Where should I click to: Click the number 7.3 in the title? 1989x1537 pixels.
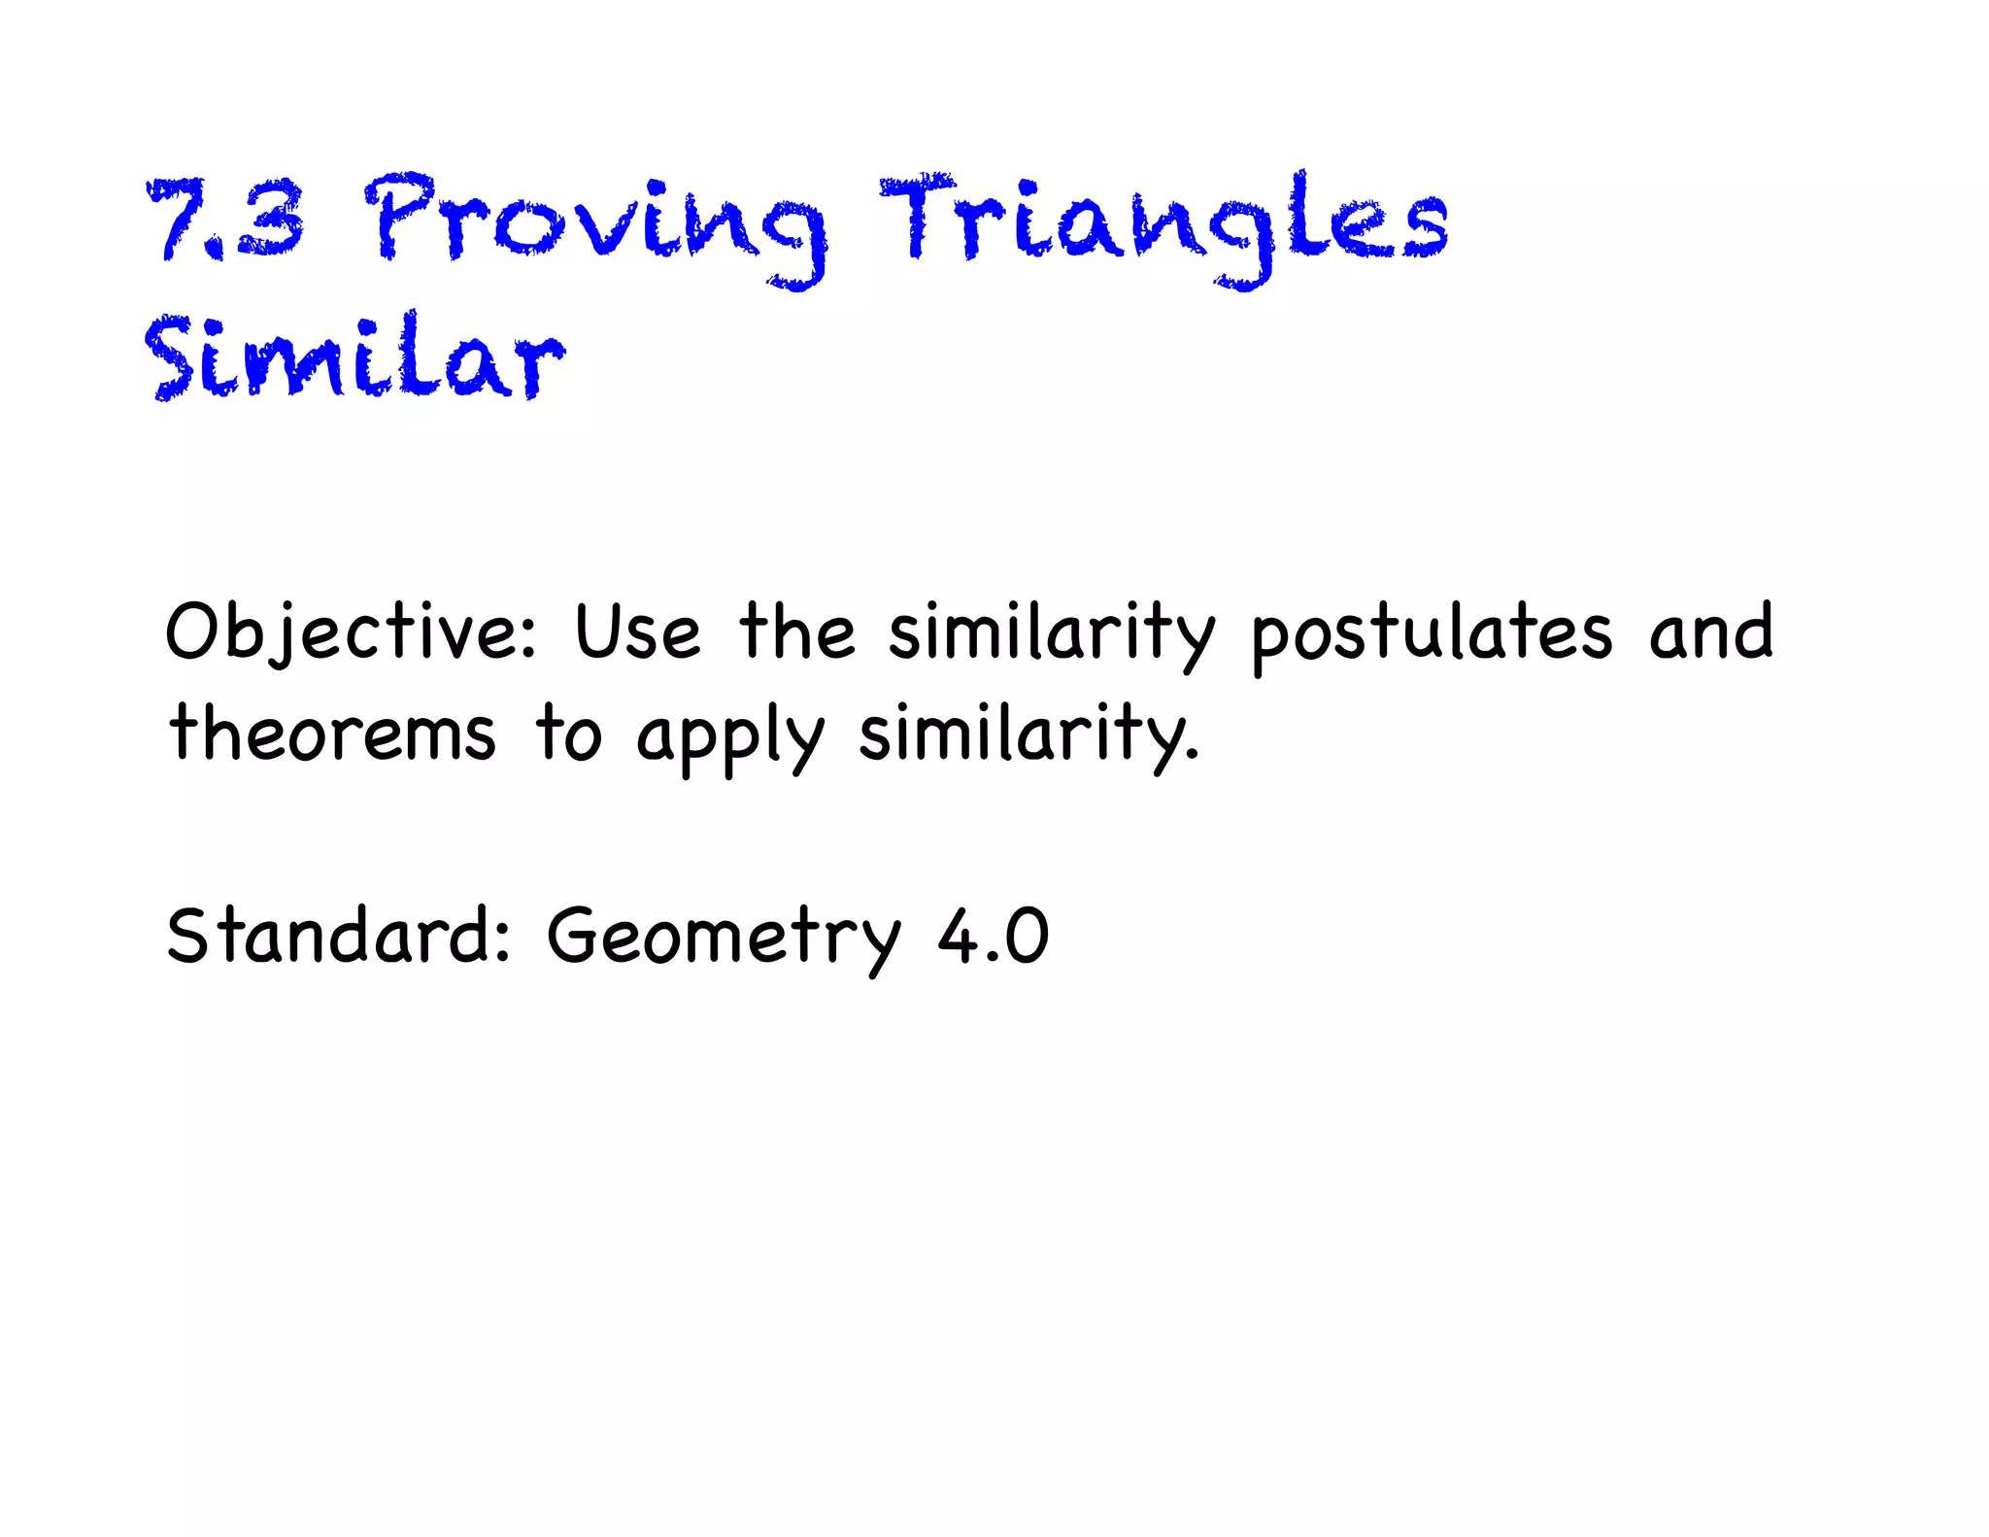[225, 221]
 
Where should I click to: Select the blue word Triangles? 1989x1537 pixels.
[1163, 223]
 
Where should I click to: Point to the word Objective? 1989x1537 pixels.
[351, 633]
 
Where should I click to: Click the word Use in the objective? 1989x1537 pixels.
[637, 633]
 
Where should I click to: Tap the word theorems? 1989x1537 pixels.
[332, 734]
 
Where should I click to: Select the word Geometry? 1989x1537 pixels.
[725, 938]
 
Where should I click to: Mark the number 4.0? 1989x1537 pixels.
[993, 937]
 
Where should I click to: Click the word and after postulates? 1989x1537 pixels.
[1711, 632]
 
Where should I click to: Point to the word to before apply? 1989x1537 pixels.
[569, 734]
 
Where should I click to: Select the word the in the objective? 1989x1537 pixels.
[797, 632]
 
